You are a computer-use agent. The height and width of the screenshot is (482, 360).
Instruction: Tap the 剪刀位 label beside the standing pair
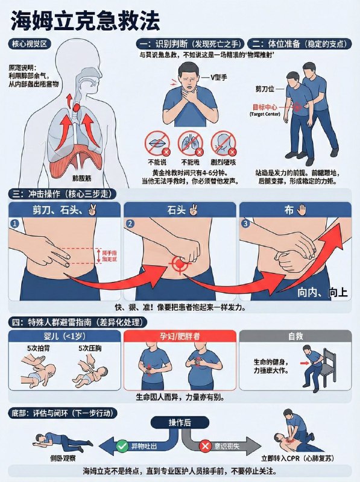(x=266, y=89)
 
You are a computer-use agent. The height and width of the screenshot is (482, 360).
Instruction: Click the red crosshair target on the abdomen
(x=179, y=264)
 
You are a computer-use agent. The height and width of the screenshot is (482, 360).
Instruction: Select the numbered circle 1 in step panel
(x=15, y=224)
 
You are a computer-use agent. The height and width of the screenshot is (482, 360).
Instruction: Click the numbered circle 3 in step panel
(x=245, y=224)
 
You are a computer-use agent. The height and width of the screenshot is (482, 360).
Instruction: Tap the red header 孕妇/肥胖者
(x=180, y=336)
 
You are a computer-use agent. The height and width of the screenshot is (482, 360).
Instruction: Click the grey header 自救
(x=295, y=336)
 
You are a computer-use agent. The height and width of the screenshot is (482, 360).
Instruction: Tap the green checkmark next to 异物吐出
(x=122, y=446)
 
